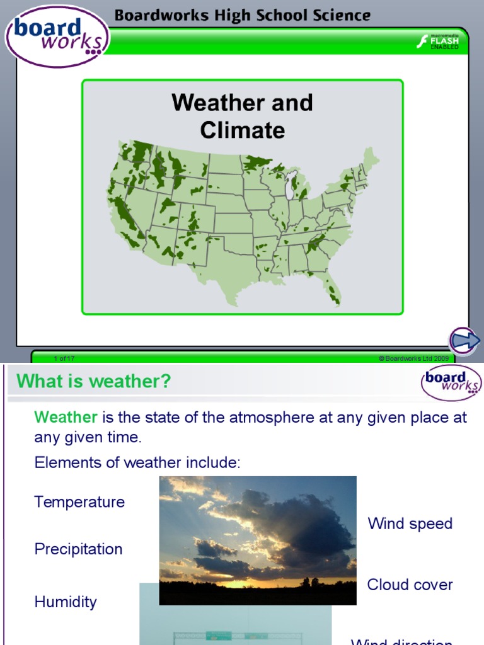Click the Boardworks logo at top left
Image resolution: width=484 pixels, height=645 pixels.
[x=57, y=37]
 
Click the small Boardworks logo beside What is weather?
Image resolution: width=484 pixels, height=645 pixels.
[x=451, y=382]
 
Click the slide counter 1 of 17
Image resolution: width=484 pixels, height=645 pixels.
[x=64, y=358]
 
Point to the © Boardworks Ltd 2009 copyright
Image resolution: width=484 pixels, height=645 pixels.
[x=413, y=358]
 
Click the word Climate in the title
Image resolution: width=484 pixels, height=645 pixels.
[x=242, y=130]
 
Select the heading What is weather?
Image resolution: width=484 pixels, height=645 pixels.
[x=93, y=381]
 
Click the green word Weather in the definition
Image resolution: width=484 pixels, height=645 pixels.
[x=66, y=417]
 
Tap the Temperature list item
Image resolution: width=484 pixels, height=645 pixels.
[x=79, y=502]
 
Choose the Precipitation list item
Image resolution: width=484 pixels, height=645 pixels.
[x=78, y=549]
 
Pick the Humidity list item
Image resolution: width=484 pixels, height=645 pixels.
[x=66, y=602]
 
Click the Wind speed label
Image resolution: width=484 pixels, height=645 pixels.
[x=410, y=523]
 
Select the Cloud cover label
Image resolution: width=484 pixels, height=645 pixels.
[x=410, y=585]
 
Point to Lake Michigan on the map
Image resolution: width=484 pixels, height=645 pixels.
[x=290, y=186]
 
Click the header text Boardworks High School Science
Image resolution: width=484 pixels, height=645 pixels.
[x=243, y=15]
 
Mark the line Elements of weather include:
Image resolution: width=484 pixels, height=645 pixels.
[x=137, y=463]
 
